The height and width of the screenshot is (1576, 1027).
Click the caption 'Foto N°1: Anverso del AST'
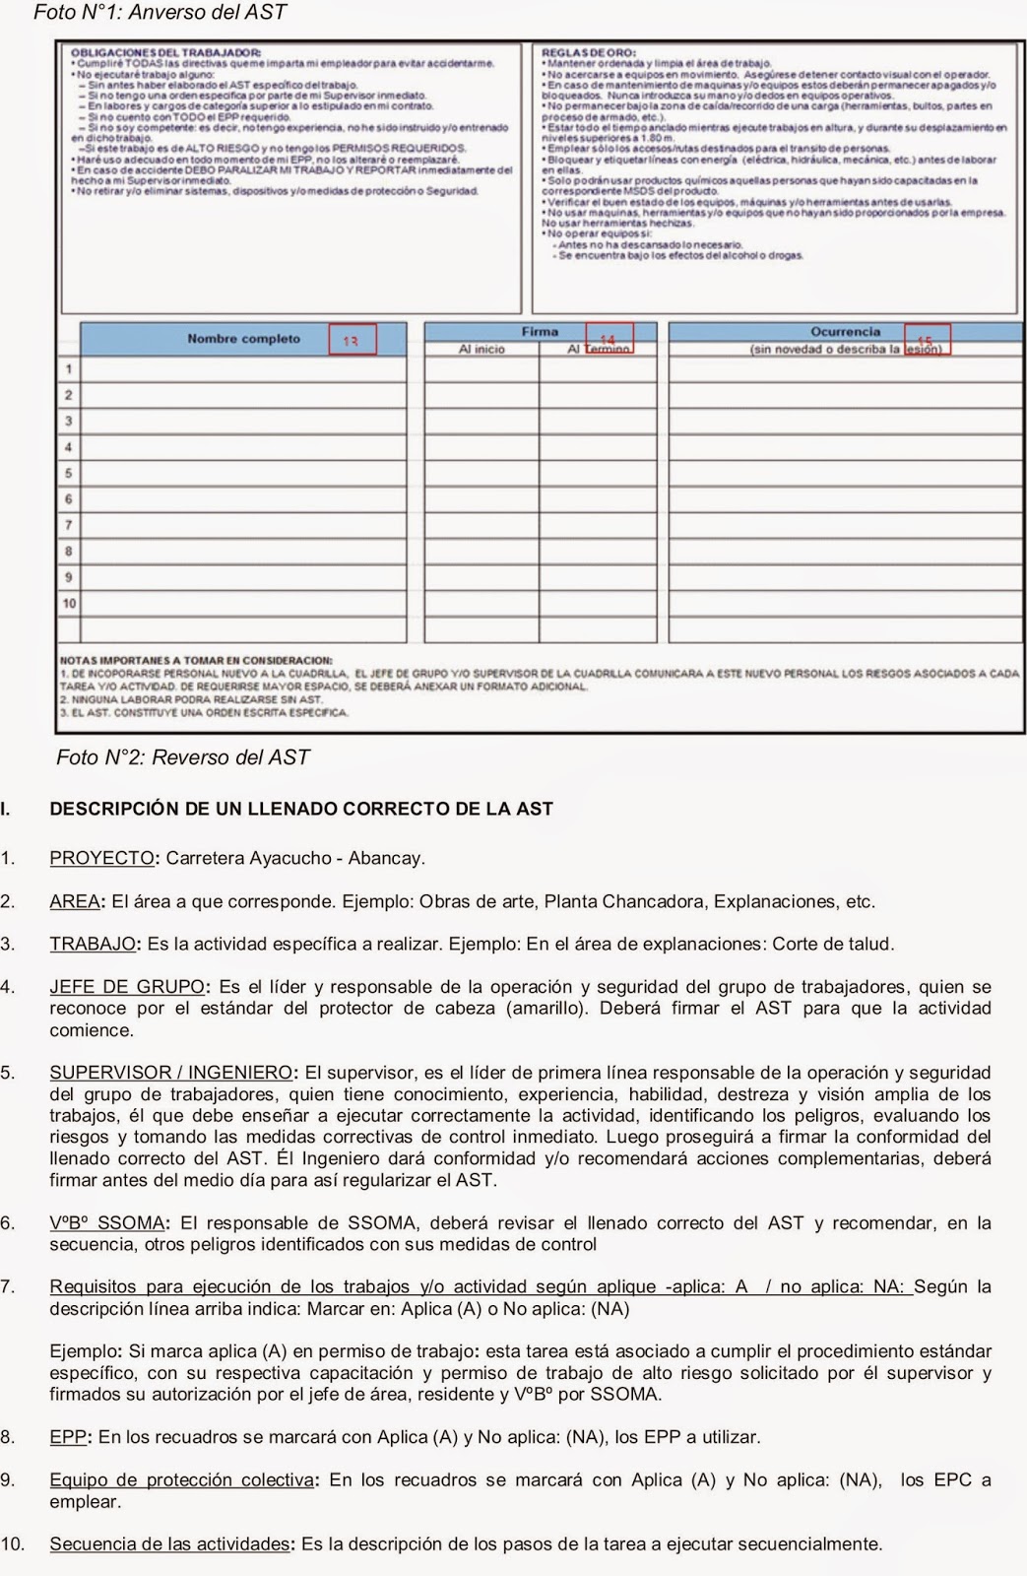pyautogui.click(x=160, y=13)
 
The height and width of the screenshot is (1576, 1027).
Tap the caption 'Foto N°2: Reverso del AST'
pyautogui.click(x=182, y=757)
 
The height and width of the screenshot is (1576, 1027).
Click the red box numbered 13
pyautogui.click(x=352, y=340)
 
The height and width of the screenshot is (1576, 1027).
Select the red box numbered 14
pyautogui.click(x=609, y=338)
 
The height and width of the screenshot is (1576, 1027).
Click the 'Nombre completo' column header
pyautogui.click(x=243, y=339)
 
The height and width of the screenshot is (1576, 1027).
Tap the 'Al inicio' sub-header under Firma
pyautogui.click(x=481, y=350)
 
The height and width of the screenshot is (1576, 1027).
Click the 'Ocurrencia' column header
pyautogui.click(x=845, y=332)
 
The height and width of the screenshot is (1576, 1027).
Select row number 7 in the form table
pyautogui.click(x=69, y=525)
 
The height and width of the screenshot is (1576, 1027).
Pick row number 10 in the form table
pyautogui.click(x=69, y=603)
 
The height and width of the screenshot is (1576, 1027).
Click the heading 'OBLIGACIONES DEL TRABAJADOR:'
pyautogui.click(x=165, y=52)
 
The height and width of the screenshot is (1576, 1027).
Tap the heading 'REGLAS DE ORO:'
pyautogui.click(x=589, y=52)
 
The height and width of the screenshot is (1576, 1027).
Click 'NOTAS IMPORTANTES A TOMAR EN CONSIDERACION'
pyautogui.click(x=196, y=660)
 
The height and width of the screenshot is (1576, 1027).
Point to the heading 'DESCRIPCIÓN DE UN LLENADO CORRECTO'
pyautogui.click(x=301, y=809)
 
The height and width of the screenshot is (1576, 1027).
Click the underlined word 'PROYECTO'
pyautogui.click(x=101, y=858)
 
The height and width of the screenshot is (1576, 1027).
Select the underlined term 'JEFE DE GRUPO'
pyautogui.click(x=127, y=987)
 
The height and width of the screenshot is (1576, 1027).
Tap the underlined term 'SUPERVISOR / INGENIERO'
pyautogui.click(x=170, y=1073)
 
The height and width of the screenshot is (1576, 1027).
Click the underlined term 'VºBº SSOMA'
pyautogui.click(x=106, y=1223)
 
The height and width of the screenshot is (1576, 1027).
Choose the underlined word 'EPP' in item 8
pyautogui.click(x=68, y=1437)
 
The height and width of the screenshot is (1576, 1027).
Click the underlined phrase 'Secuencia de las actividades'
pyautogui.click(x=169, y=1544)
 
